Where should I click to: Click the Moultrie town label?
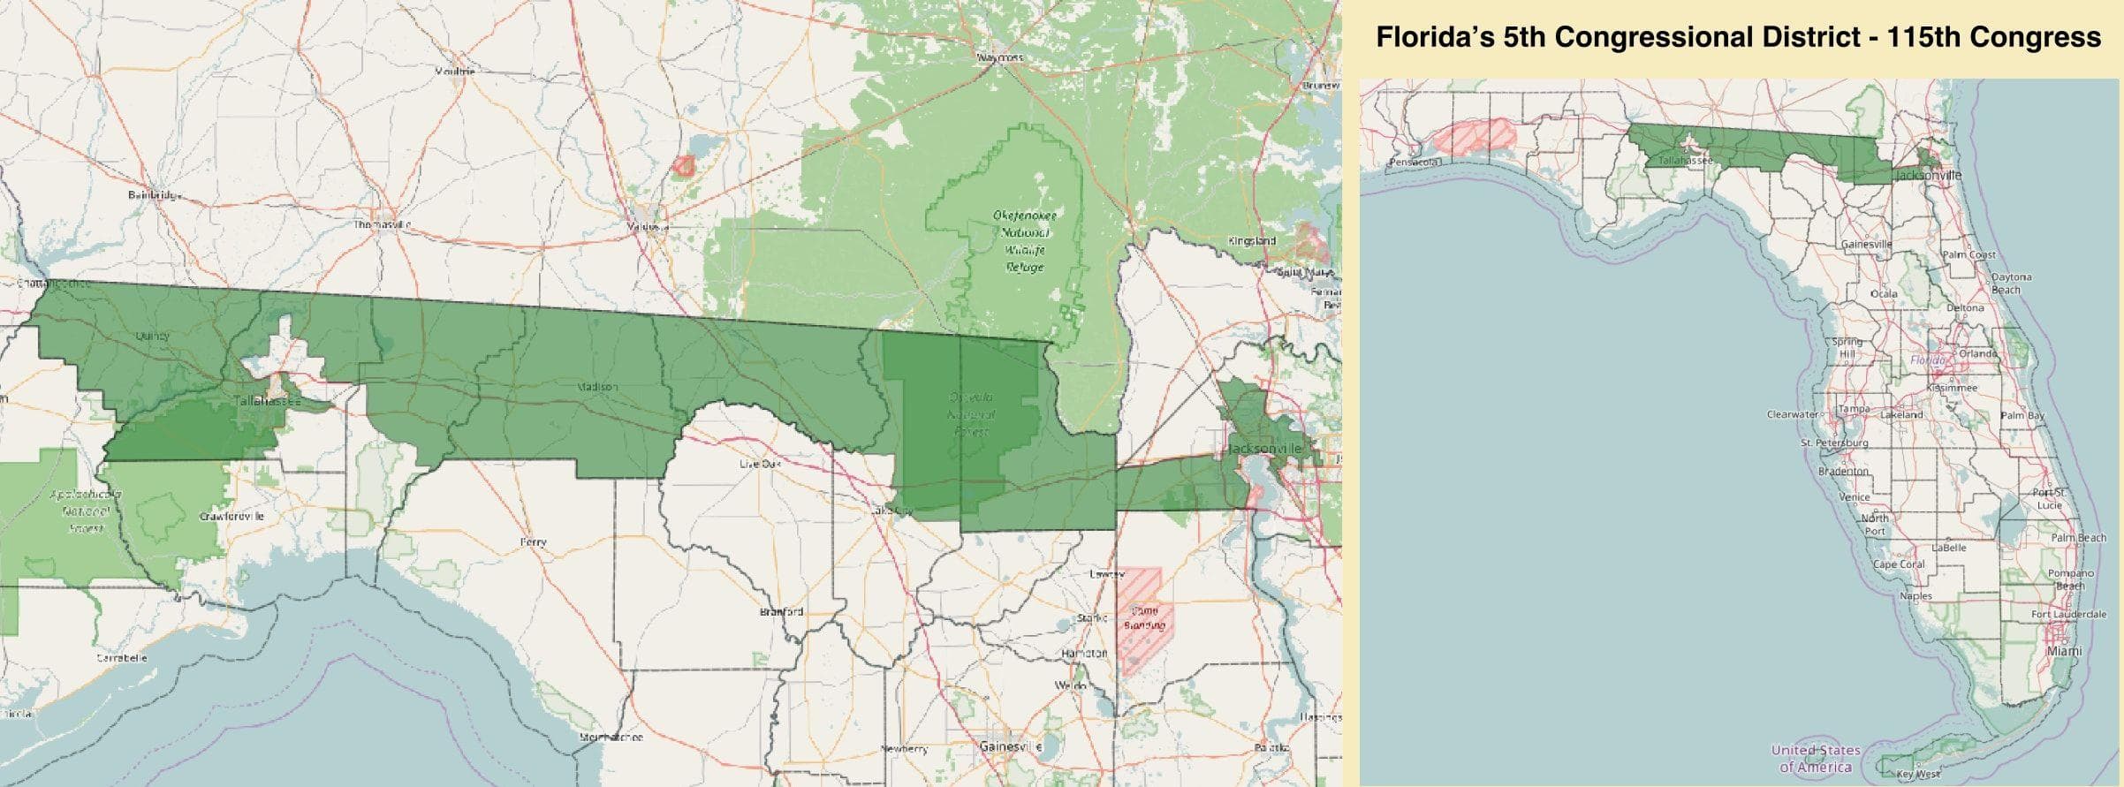[x=455, y=71]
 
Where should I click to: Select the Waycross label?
[x=1000, y=57]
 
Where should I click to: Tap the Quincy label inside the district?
[x=153, y=336]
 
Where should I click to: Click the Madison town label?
[x=597, y=387]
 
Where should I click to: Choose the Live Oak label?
[x=761, y=463]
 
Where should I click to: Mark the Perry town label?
[x=534, y=542]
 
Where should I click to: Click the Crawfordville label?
[x=231, y=516]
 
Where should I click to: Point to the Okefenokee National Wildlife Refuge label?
[x=1025, y=241]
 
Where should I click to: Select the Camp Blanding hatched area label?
[x=1144, y=618]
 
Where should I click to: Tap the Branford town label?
[x=782, y=611]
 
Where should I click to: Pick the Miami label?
[x=2064, y=651]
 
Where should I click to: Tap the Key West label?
[x=1918, y=774]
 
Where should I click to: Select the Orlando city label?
[x=1977, y=353]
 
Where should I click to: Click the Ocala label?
[x=1884, y=293]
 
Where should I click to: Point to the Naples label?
[x=1915, y=596]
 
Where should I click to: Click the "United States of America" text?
[x=1816, y=758]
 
